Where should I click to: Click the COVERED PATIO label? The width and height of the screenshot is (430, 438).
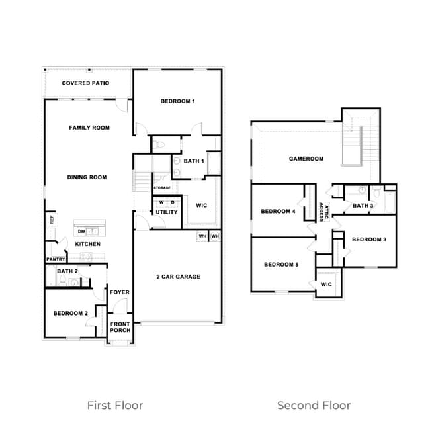coord(85,83)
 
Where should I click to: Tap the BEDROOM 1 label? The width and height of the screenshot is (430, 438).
coord(178,101)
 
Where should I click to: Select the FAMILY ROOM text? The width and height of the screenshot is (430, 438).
coord(89,128)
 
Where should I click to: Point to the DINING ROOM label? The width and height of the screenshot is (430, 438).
coord(87,177)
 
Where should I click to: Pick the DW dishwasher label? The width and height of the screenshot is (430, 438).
coord(81,232)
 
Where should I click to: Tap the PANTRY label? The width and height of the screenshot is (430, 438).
coord(56,259)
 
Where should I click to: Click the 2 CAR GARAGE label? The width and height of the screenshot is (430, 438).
coord(178,277)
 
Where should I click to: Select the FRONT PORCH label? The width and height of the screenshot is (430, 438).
coord(120,327)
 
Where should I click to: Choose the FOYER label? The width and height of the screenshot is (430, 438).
coord(120,292)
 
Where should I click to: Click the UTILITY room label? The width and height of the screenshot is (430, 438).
coord(166,212)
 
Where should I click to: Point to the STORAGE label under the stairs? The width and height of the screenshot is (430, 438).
coord(162,188)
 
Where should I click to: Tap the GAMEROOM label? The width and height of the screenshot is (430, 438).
coord(306,159)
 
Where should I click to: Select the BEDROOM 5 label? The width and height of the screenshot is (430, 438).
coord(281,265)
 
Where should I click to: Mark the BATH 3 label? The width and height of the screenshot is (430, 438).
coord(363,206)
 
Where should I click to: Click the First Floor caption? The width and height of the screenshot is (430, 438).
coord(115,405)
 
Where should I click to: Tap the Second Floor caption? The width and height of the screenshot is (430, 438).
coord(314,405)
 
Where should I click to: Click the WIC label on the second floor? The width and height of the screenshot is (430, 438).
coord(326,285)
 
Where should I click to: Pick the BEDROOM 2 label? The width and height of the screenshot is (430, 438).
coord(71,314)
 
